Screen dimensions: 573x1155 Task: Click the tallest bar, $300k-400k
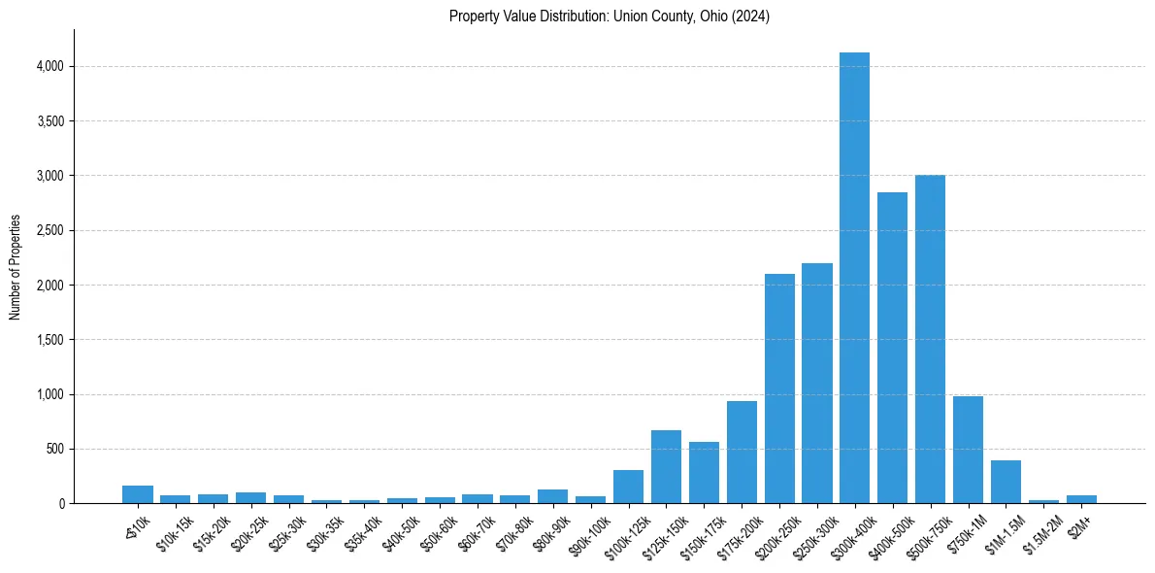coord(854,282)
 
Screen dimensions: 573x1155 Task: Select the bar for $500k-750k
coord(930,340)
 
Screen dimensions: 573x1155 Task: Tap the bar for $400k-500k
coord(892,350)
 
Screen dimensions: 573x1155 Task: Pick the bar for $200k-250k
coord(779,388)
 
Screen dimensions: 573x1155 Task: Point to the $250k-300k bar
coord(817,384)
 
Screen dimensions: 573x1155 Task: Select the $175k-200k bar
coord(742,453)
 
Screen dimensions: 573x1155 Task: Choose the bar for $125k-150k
coord(666,467)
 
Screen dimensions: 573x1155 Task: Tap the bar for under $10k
coord(138,494)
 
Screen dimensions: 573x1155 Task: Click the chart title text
coord(610,17)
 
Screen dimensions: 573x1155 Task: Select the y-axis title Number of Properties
coord(16,267)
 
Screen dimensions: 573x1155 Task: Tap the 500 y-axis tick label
coord(54,449)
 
